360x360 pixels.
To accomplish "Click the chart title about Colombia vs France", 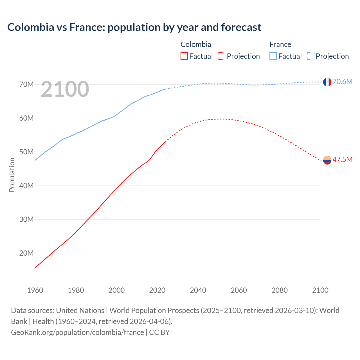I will (134, 27).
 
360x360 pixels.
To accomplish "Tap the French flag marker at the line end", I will (327, 82).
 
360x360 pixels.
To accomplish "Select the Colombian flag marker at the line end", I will (327, 160).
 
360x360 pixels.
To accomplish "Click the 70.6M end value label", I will (342, 82).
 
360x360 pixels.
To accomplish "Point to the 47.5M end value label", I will (342, 159).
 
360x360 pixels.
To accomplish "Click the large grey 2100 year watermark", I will (65, 89).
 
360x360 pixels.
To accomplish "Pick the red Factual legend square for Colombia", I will (184, 56).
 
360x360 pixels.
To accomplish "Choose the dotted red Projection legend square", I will (222, 56).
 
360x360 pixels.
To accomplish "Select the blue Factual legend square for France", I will (273, 56).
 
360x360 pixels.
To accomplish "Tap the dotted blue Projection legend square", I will (310, 56).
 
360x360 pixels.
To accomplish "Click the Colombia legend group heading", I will (196, 44).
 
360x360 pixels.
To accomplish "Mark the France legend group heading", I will (280, 44).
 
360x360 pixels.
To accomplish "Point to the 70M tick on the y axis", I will (26, 84).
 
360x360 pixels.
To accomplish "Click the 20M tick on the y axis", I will (26, 253).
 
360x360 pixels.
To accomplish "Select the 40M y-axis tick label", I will (26, 186).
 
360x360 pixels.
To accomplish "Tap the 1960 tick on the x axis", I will (35, 290).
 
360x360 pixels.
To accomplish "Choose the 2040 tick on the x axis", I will (198, 290).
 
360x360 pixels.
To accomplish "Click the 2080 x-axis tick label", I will (280, 290).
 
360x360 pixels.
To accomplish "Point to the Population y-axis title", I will (12, 175).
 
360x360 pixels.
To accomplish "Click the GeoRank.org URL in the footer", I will (77, 332).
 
